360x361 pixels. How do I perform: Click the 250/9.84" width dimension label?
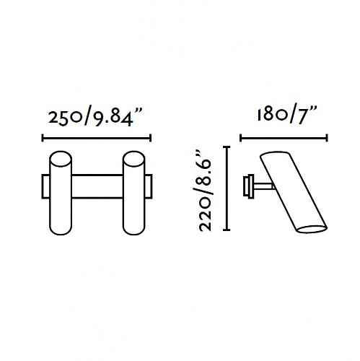tap(95, 117)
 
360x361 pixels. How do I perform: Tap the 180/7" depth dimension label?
tap(286, 116)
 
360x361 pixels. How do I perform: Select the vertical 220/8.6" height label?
tap(205, 191)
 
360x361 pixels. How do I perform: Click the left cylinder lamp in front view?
tap(61, 193)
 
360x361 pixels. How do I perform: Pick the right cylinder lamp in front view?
tap(133, 193)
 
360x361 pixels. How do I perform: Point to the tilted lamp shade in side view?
tap(294, 192)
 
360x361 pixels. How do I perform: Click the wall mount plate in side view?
tap(248, 186)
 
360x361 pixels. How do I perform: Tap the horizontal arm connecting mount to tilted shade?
tap(263, 186)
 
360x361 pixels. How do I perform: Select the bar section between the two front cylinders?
tap(97, 186)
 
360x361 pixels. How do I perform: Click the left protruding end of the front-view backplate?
tap(45, 186)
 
